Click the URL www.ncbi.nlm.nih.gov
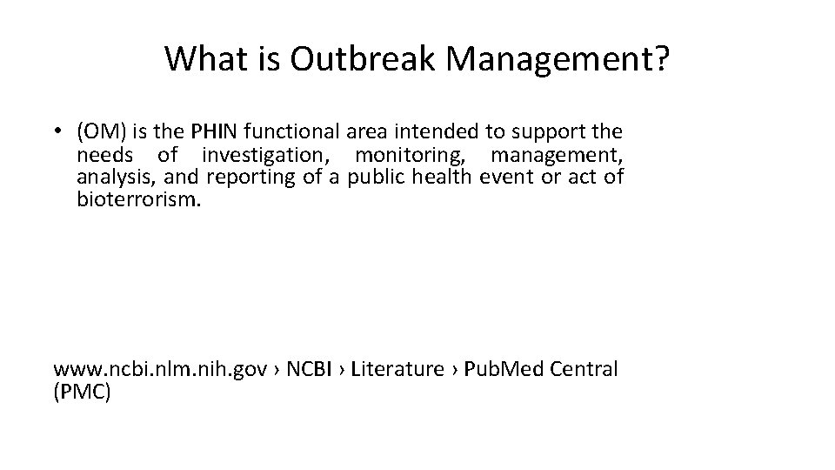click(160, 369)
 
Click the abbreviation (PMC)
click(82, 392)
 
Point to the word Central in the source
click(585, 369)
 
